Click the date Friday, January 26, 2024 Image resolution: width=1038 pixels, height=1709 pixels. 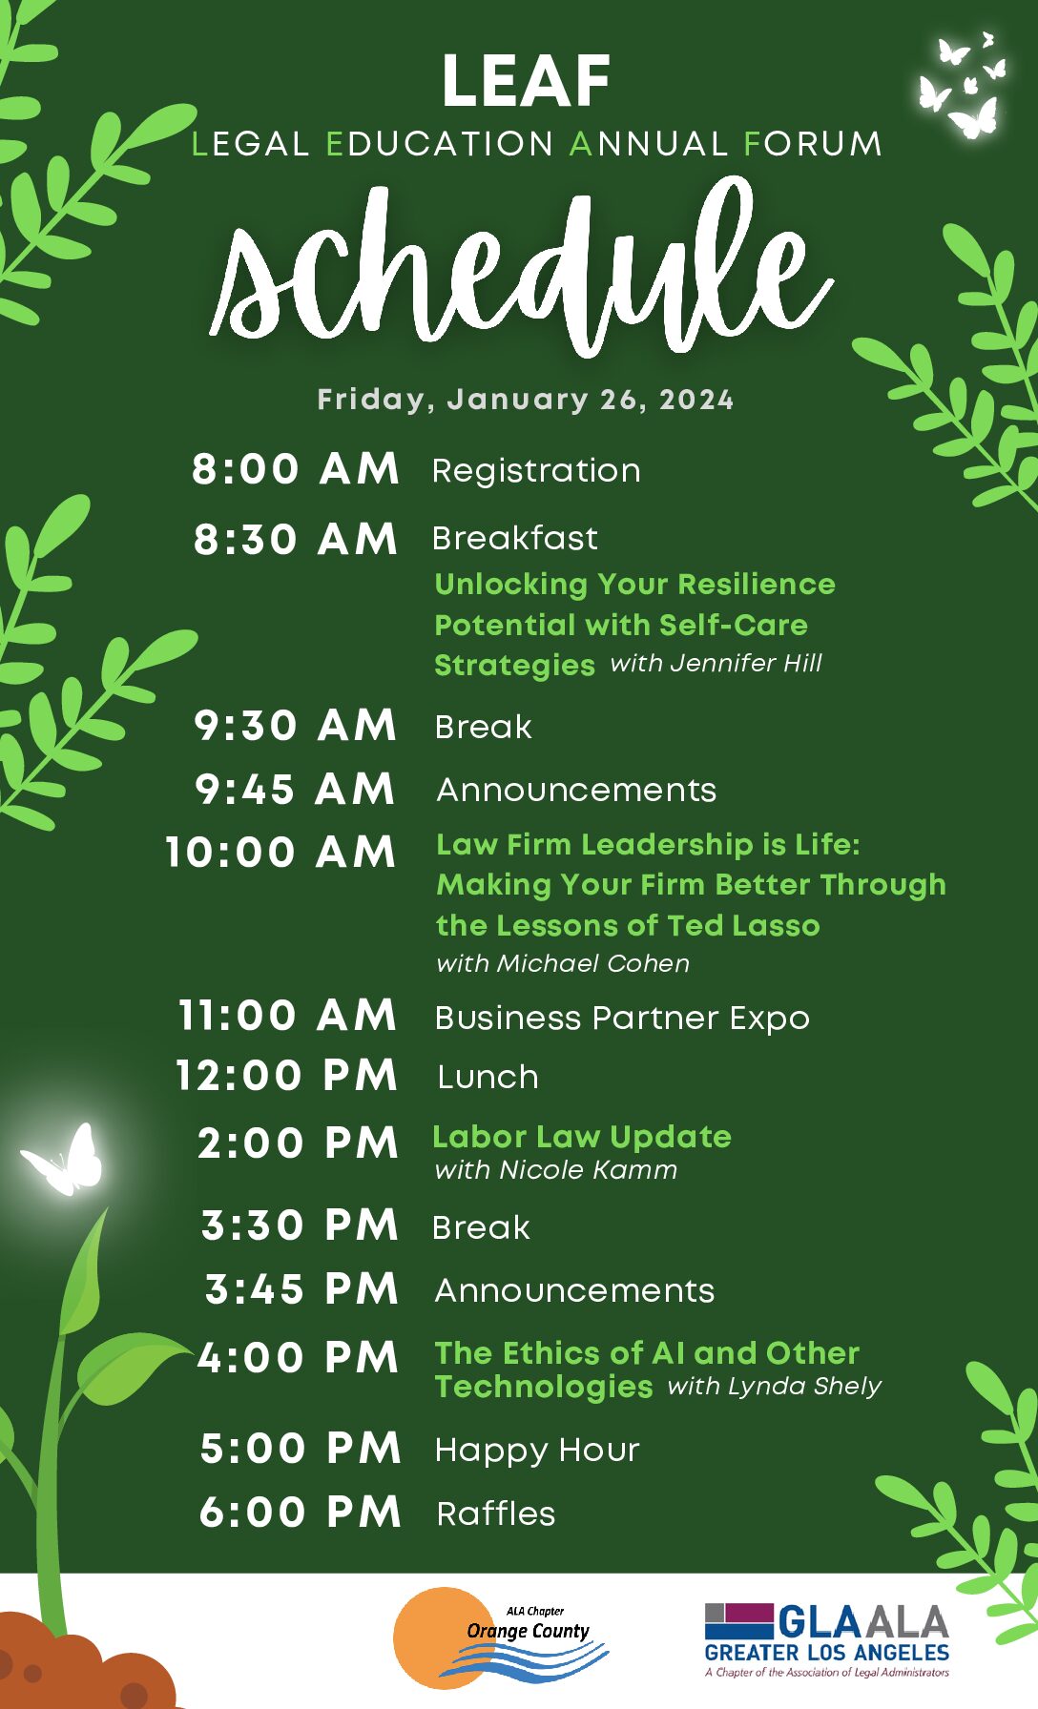[526, 400]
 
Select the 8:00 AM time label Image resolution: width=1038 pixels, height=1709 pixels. [296, 469]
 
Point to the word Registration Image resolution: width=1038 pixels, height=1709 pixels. [536, 471]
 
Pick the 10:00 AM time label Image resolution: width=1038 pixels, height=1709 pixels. [280, 853]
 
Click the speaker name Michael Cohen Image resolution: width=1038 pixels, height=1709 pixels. [592, 963]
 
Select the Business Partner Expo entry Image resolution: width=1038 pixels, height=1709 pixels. [622, 1019]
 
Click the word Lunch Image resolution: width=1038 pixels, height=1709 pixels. [488, 1078]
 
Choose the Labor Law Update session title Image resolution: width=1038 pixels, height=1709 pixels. [582, 1137]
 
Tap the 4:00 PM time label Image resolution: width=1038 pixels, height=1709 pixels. [298, 1358]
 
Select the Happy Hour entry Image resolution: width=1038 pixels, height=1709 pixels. [537, 1451]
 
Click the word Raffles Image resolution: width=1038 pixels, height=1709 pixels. [496, 1513]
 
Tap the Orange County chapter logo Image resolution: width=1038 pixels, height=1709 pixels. [502, 1637]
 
